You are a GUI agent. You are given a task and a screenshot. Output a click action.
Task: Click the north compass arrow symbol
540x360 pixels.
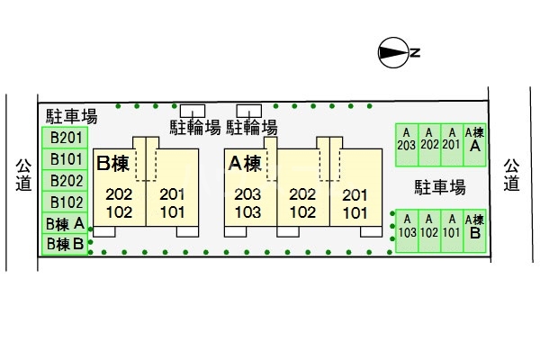394,52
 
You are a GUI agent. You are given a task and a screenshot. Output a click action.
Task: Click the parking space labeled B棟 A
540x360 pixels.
66,223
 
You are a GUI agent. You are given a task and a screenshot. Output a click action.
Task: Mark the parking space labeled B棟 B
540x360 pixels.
66,243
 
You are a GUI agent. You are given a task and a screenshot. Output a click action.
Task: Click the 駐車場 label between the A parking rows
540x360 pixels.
439,187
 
